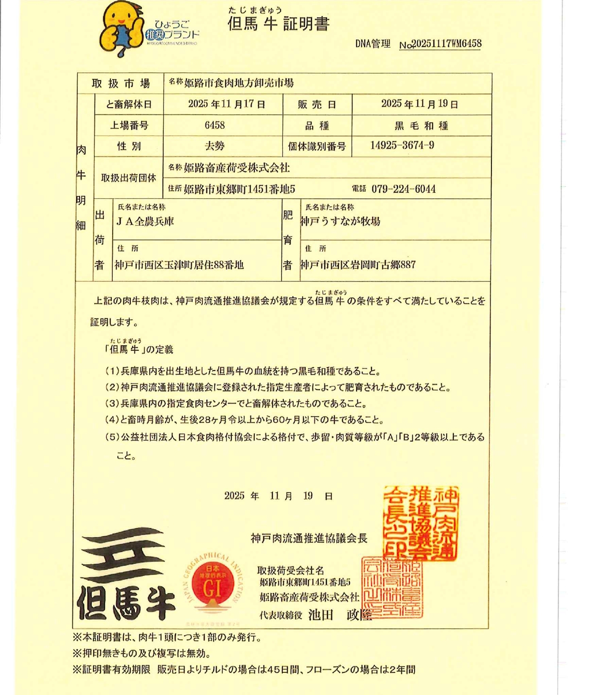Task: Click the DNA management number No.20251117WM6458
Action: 440,44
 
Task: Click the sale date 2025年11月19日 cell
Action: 420,104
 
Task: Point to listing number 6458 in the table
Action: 215,125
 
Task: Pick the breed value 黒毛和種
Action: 421,126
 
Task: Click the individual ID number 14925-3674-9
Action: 402,145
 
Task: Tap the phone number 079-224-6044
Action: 403,189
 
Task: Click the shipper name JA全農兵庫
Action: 145,222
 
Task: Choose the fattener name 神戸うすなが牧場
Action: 340,222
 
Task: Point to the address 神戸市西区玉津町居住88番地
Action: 179,265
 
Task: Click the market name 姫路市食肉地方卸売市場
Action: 239,83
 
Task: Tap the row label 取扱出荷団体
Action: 129,178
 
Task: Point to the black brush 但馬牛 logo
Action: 126,574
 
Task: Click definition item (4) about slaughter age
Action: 244,420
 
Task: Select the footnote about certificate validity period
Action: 243,670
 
